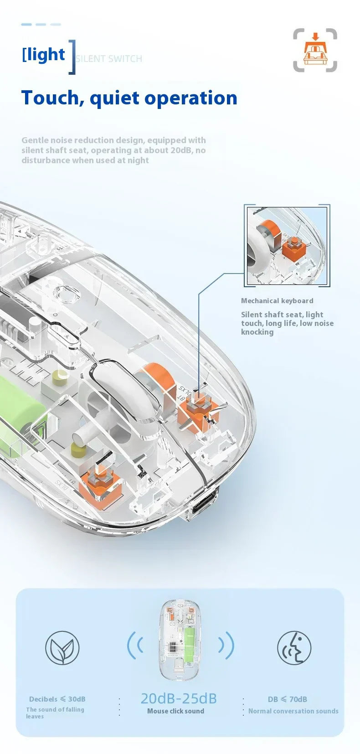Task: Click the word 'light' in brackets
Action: pyautogui.click(x=46, y=55)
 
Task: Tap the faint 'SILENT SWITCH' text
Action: pyautogui.click(x=109, y=59)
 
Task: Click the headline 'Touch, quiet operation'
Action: pyautogui.click(x=129, y=98)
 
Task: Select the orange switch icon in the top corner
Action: pyautogui.click(x=315, y=50)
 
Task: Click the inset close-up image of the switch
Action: pyautogui.click(x=287, y=246)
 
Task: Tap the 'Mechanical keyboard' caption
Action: pyautogui.click(x=277, y=301)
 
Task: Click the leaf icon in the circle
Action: pyautogui.click(x=62, y=648)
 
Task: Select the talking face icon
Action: pyautogui.click(x=294, y=648)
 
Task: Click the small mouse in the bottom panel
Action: pyautogui.click(x=181, y=640)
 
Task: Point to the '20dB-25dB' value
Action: pyautogui.click(x=179, y=698)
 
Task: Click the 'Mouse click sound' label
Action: pyautogui.click(x=175, y=711)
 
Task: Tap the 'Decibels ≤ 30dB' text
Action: pyautogui.click(x=57, y=699)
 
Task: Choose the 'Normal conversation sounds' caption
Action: pyautogui.click(x=293, y=711)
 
